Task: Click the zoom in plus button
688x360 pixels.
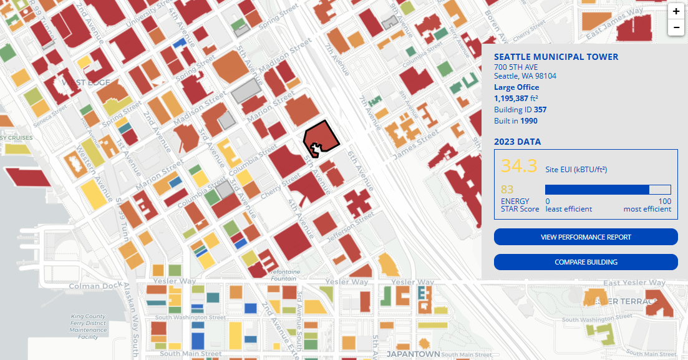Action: [676, 11]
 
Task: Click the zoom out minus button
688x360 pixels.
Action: [676, 27]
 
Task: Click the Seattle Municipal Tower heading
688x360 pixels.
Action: [556, 57]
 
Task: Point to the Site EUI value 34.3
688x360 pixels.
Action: [519, 166]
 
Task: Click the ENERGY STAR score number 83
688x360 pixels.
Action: [506, 189]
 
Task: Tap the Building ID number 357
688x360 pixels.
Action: [540, 110]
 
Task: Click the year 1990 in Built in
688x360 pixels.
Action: [528, 121]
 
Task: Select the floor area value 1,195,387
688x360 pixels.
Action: [511, 99]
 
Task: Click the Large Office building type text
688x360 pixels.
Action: [516, 87]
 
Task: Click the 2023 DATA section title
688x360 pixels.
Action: [517, 142]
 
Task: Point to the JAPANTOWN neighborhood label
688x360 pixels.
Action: [413, 354]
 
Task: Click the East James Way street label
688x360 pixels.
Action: [614, 22]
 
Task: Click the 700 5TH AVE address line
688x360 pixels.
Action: [515, 67]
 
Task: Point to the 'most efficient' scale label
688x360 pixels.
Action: [647, 209]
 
